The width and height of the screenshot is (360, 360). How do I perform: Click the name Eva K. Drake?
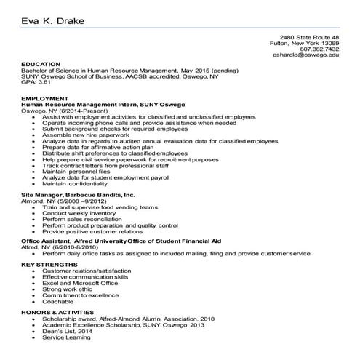(52, 21)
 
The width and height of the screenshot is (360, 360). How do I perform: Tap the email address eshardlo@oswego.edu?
(305, 55)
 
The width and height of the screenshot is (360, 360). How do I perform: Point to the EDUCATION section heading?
(41, 64)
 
